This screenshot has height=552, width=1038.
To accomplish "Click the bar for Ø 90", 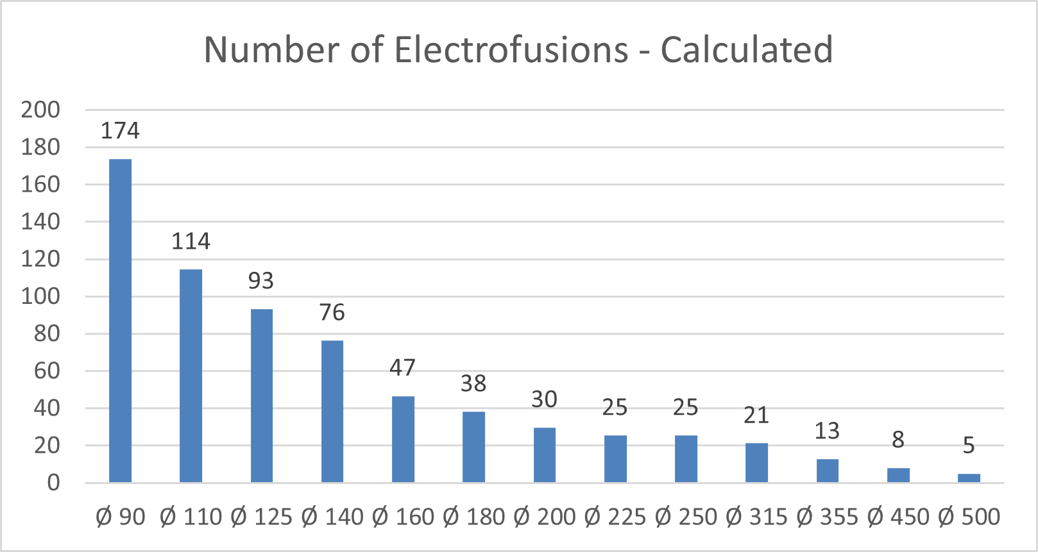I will coord(120,321).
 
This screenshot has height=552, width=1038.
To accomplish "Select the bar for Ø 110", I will coord(191,376).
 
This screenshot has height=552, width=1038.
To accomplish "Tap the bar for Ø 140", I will coord(332,411).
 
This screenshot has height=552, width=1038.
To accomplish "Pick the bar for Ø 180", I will coord(473,447).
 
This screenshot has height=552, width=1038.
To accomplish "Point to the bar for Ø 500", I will coord(969,478).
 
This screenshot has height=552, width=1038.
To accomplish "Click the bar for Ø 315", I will coord(756,462).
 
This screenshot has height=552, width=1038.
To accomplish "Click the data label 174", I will coord(120,131).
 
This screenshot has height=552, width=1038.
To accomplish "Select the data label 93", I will coord(261,281).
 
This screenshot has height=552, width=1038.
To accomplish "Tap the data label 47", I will coord(402,368).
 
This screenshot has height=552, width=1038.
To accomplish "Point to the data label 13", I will coord(827,431).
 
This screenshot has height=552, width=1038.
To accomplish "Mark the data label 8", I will coord(898,440).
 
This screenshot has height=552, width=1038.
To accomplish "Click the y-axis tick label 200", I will coord(40,110).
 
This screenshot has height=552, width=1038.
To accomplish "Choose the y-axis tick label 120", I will coord(40,259).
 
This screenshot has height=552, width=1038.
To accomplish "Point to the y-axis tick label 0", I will coord(53,483).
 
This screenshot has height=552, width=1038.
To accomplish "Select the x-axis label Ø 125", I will coord(261,517).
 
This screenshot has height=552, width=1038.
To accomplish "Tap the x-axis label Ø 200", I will coord(545,517).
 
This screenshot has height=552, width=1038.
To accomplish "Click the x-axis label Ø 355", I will coord(827,517).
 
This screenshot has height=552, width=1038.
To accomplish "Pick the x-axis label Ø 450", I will coord(898,517).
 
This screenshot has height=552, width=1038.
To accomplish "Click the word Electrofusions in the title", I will coord(511,50).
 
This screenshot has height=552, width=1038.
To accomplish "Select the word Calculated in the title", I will coord(747,50).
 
